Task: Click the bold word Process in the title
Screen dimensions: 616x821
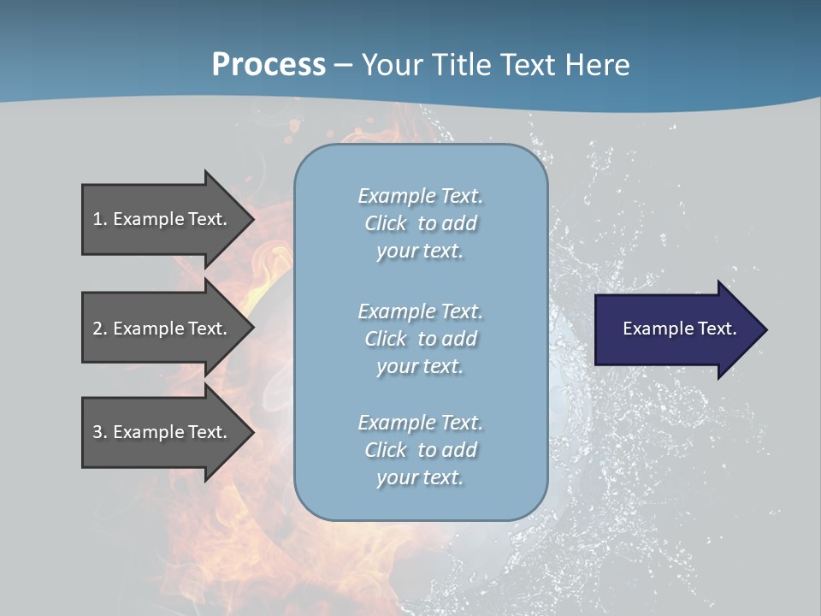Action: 269,65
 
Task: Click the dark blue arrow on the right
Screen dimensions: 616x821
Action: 676,329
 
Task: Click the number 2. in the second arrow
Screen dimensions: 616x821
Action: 100,329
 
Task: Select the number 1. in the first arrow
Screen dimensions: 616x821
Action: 100,219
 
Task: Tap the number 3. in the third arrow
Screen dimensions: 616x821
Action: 100,432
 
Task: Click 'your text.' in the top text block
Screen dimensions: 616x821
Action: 420,252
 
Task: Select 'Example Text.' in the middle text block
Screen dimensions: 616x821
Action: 420,311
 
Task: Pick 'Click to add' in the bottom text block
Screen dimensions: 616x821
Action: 420,450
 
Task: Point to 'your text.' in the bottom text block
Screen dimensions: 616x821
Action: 420,477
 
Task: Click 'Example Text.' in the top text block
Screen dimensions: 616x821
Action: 420,196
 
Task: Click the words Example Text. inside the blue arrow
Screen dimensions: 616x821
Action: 680,329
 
